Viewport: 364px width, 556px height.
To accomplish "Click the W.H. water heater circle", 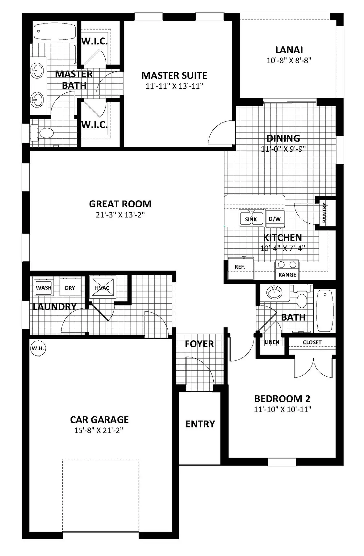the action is click(x=38, y=349).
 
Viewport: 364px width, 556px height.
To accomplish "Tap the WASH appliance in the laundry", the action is click(x=44, y=288).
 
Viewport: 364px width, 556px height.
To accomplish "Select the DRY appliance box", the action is click(x=70, y=288).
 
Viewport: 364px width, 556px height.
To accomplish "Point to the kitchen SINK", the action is click(x=251, y=218).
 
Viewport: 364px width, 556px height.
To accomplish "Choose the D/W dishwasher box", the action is click(x=275, y=218).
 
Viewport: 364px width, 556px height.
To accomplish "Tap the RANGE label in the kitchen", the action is click(x=287, y=275).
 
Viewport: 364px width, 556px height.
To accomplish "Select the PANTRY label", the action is click(x=324, y=213).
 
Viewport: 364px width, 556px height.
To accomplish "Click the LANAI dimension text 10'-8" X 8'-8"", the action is click(x=289, y=60).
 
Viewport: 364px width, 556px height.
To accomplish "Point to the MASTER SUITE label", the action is click(x=174, y=75).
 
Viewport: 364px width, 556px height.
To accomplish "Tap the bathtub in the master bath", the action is click(x=54, y=31).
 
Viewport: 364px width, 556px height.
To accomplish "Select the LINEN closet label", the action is click(x=272, y=342).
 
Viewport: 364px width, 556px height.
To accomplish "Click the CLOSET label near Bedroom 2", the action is click(x=312, y=342).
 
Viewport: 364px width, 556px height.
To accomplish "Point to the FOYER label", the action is click(x=199, y=344).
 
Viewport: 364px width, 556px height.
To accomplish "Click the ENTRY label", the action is click(x=200, y=424).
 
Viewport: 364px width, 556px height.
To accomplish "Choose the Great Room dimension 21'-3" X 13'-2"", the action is click(x=120, y=214).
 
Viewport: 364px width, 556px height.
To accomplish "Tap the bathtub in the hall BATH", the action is click(x=324, y=310).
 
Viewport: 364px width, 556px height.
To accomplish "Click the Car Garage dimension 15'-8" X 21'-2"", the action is click(x=98, y=430).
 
